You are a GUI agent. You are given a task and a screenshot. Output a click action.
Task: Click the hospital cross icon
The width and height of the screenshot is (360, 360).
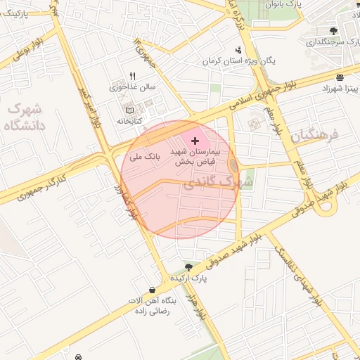(x=195, y=141)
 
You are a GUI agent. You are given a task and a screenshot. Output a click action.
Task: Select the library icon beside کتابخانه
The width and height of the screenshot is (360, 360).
(x=128, y=111)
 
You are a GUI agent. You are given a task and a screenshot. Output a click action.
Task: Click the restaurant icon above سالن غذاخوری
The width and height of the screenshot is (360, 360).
(x=131, y=77)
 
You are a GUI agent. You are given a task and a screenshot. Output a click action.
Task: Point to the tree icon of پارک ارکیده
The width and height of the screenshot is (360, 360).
(x=188, y=266)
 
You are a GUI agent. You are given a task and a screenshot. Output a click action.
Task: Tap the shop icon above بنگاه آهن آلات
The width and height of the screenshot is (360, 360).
(x=153, y=290)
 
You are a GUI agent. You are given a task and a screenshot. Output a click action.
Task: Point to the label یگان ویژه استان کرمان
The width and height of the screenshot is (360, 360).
(x=238, y=61)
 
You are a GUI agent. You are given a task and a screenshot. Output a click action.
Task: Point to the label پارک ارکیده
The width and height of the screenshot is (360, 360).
(x=188, y=279)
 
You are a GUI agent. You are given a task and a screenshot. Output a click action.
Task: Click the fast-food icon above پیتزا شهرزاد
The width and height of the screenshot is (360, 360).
(x=340, y=77)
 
